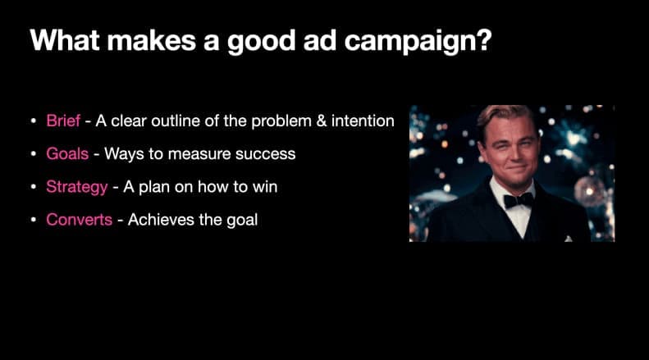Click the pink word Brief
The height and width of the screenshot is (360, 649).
click(63, 121)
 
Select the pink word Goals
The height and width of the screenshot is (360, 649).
click(66, 154)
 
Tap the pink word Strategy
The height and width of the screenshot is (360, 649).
click(76, 187)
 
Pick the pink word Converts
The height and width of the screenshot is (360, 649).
click(79, 219)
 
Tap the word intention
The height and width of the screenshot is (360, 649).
click(362, 121)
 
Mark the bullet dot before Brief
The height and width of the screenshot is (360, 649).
click(34, 121)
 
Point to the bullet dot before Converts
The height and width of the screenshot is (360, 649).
click(34, 220)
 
